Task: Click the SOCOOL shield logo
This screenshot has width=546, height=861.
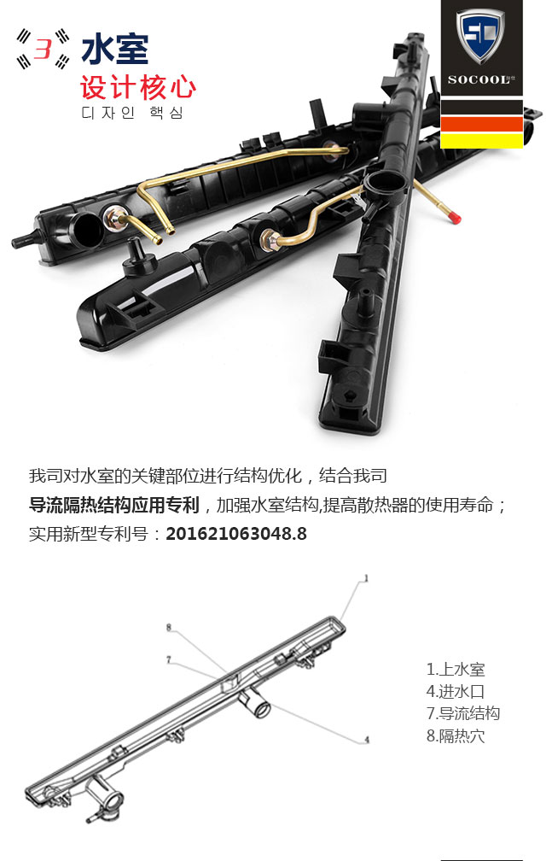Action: click(481, 36)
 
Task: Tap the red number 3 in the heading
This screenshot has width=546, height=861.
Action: click(43, 48)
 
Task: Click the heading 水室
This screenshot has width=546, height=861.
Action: click(115, 49)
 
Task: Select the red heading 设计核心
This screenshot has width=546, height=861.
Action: click(138, 87)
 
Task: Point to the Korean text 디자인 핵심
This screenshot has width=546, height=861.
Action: click(132, 113)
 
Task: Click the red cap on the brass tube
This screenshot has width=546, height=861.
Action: click(453, 217)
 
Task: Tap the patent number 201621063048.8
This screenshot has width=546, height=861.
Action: click(236, 533)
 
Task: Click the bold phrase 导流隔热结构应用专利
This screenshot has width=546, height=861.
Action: click(114, 505)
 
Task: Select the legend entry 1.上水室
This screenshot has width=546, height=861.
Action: click(456, 670)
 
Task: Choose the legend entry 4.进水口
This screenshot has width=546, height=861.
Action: click(456, 691)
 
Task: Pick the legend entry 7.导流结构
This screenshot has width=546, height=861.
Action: click(463, 713)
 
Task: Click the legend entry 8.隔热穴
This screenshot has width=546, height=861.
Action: click(456, 735)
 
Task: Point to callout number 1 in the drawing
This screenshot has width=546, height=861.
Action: click(366, 578)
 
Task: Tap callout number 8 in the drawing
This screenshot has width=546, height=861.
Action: click(169, 627)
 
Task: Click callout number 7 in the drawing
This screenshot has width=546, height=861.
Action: click(169, 659)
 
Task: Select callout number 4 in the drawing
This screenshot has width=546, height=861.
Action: click(367, 740)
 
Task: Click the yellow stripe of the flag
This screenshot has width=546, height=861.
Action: click(482, 140)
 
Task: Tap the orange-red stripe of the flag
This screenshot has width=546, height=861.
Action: click(482, 124)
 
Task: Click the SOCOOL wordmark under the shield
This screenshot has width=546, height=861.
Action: click(478, 80)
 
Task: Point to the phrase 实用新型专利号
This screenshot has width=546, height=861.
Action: click(89, 534)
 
